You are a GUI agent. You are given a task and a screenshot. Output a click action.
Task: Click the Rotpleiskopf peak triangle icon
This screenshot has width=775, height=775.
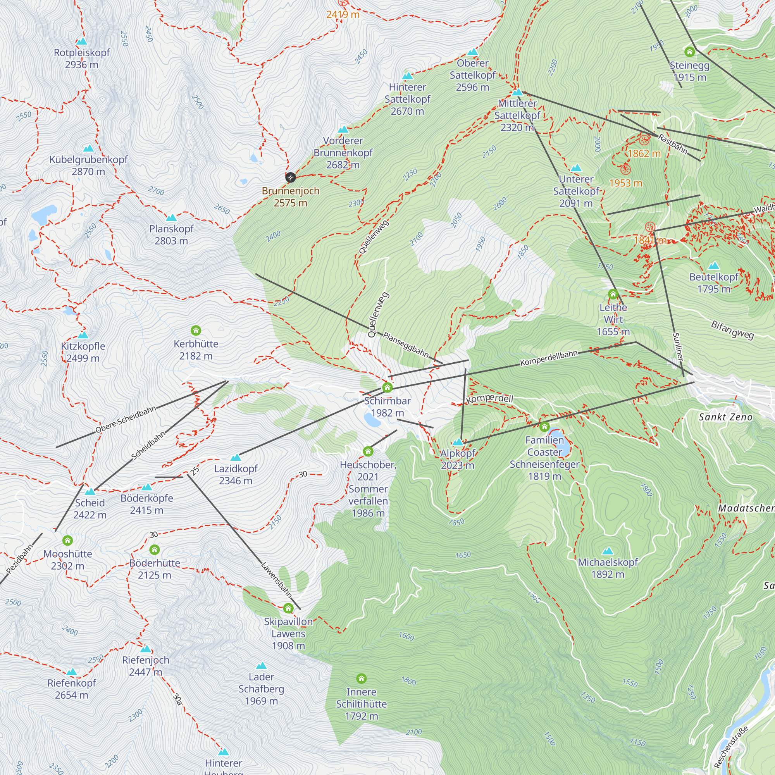point(81,41)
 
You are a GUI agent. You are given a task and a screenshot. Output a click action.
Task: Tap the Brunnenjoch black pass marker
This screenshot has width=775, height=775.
point(290,177)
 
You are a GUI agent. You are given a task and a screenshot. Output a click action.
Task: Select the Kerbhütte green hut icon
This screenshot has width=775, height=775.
point(196,331)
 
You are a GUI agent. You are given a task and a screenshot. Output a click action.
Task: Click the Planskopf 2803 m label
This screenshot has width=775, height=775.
point(171,235)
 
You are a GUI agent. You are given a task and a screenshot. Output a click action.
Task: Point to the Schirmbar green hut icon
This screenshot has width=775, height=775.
point(387,387)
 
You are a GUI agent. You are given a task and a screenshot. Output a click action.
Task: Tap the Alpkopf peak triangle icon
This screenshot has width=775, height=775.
point(457,443)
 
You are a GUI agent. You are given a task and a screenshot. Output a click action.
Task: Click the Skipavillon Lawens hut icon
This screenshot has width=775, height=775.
point(288,608)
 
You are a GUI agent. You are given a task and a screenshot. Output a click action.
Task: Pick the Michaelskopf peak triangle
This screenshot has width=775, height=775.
point(608,551)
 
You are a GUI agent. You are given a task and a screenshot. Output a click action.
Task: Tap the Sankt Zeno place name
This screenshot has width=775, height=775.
point(725,417)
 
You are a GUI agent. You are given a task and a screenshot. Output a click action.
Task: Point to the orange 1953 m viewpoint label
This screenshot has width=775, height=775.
point(625,183)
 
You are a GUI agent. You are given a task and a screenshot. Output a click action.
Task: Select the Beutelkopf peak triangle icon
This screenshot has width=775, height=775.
point(714,265)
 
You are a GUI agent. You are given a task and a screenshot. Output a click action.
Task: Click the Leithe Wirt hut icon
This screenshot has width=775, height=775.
point(613,294)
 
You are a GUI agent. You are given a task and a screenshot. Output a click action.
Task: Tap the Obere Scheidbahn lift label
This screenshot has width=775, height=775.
point(126,420)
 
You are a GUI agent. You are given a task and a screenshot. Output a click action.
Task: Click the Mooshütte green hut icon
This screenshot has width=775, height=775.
point(67,541)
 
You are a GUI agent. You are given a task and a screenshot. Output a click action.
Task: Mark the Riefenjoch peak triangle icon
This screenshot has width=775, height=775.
point(146,649)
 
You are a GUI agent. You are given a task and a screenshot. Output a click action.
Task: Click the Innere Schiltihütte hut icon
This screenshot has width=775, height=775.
point(362,679)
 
